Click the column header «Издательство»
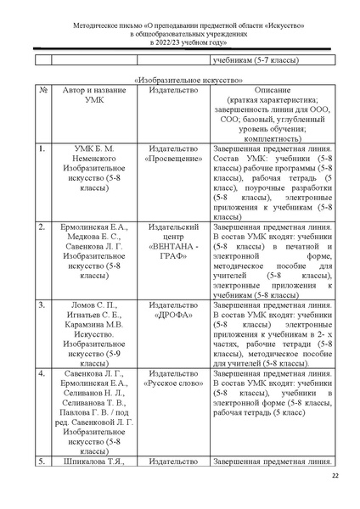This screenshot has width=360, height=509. (173, 89)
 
